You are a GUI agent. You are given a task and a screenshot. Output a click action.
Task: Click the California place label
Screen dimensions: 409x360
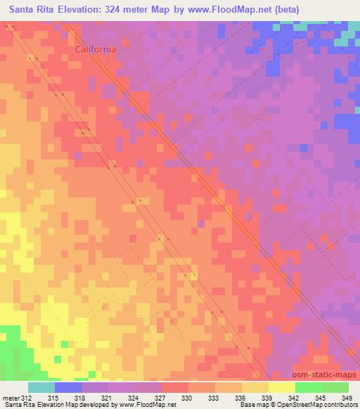(x=96, y=50)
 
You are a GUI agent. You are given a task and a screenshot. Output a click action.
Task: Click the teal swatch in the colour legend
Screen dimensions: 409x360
(x=41, y=387)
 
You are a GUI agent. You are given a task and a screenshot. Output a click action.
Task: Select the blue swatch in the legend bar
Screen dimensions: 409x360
(x=68, y=387)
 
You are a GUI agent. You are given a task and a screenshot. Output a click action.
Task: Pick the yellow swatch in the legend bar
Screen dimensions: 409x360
(x=281, y=387)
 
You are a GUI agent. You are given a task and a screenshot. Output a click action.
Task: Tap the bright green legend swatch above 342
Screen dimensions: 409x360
(x=308, y=387)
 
